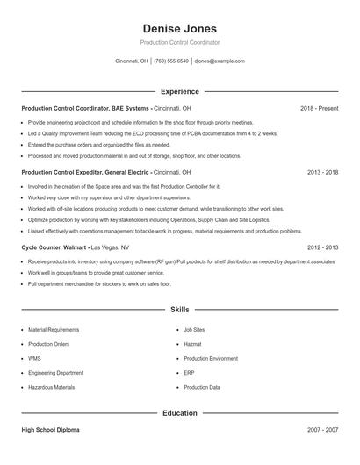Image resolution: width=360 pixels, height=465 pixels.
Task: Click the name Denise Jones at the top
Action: (179, 29)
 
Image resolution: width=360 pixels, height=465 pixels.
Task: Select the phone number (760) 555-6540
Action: (171, 61)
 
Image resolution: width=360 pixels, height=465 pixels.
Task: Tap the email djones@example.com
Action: (220, 61)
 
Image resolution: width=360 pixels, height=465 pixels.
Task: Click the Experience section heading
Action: (179, 91)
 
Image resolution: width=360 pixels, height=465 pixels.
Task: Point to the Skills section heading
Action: (179, 310)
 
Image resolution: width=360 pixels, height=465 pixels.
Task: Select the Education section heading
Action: (179, 413)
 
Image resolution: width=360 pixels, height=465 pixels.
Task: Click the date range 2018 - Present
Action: (319, 108)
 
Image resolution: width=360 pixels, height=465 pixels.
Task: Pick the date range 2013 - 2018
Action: (322, 173)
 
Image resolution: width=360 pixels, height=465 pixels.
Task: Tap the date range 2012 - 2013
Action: (322, 248)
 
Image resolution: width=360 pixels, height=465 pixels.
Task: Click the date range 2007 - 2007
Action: (322, 431)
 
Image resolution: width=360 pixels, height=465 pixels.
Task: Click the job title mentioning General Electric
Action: (84, 173)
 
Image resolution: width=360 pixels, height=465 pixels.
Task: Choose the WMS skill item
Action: (34, 358)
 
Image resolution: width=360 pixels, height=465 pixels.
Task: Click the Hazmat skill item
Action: (192, 344)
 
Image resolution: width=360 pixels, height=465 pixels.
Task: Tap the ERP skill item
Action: (189, 373)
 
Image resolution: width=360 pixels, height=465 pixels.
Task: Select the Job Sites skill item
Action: (194, 330)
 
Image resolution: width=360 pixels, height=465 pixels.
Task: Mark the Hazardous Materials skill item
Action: (51, 387)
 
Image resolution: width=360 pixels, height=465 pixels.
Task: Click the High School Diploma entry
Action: (50, 431)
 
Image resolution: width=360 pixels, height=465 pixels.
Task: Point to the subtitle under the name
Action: (179, 42)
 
